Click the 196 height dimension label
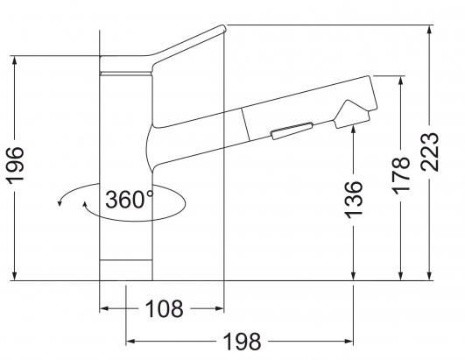pos(16,166)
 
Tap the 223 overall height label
pos(430,152)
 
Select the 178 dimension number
pos(401,175)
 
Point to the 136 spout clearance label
pos(354,200)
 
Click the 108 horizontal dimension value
pos(165,308)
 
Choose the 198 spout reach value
pos(242,342)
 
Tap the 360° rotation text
pos(130,199)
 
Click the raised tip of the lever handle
pos(222,29)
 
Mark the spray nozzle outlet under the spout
pos(352,119)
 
